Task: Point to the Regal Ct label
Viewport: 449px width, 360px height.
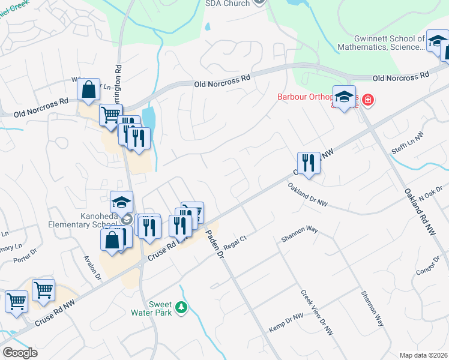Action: coord(235,243)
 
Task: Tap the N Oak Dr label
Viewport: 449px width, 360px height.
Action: coord(431,193)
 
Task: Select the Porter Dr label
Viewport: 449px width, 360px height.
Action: coord(25,260)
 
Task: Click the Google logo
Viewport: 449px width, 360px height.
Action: coord(20,353)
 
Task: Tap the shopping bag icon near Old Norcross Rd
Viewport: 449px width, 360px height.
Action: coord(88,90)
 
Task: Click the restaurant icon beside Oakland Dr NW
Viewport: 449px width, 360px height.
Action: coord(309,162)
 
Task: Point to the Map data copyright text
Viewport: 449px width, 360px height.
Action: coord(423,355)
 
